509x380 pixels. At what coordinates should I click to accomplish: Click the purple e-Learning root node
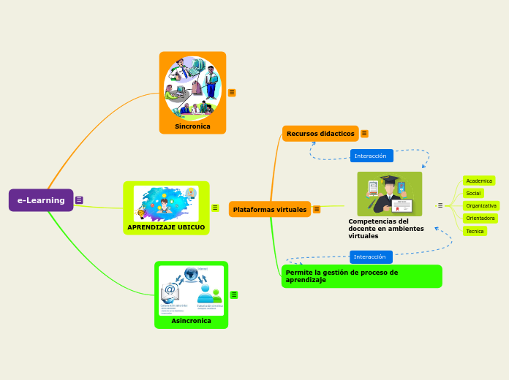click(x=41, y=200)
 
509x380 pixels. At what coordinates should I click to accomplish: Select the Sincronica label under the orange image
click(x=192, y=126)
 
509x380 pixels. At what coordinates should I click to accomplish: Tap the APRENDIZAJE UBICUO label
click(x=166, y=227)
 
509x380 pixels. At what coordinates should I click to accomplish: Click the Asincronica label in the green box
click(x=191, y=321)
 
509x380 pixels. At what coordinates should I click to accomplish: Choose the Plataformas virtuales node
click(x=270, y=210)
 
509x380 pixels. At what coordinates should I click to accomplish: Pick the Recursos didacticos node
click(x=320, y=134)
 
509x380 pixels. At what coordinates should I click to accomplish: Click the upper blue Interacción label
click(x=371, y=156)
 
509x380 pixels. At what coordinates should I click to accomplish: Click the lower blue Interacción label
click(x=370, y=256)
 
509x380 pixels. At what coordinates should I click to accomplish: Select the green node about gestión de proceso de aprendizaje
click(x=361, y=276)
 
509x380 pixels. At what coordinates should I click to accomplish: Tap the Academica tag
click(x=479, y=180)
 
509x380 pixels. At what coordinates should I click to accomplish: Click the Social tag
click(x=473, y=193)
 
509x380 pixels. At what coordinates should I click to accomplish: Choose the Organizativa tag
click(x=481, y=205)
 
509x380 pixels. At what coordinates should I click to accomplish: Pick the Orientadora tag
click(x=480, y=218)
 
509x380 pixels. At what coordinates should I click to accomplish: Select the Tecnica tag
click(x=475, y=231)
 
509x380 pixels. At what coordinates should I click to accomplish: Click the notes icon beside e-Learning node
click(x=79, y=200)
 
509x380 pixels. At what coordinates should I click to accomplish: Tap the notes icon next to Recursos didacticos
click(x=364, y=134)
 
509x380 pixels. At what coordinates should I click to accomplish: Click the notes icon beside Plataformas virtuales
click(x=317, y=210)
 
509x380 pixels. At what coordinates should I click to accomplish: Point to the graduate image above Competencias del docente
click(x=389, y=194)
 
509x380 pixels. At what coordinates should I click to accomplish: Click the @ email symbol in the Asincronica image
click(x=170, y=290)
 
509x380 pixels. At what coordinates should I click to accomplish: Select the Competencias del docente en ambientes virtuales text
click(x=385, y=228)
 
